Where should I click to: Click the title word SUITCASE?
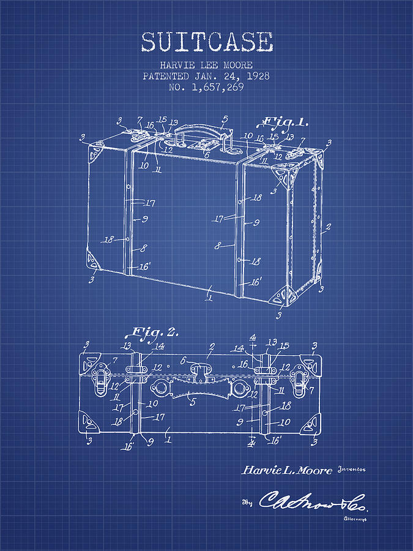click(x=206, y=42)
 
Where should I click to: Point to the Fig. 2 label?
click(x=152, y=332)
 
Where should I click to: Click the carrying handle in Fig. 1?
click(x=196, y=130)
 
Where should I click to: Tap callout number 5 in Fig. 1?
click(x=225, y=119)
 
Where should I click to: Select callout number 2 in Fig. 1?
click(x=328, y=227)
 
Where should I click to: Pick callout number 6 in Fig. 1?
click(x=206, y=156)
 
